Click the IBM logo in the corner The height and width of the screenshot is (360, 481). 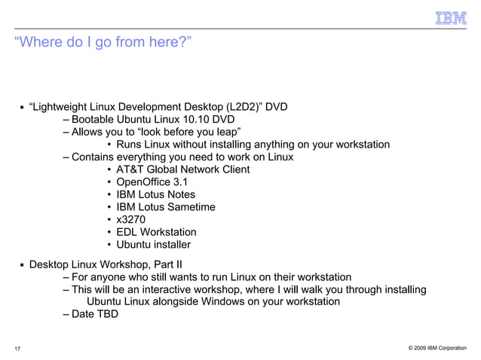(x=451, y=17)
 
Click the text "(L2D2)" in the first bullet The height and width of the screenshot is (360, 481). (x=240, y=106)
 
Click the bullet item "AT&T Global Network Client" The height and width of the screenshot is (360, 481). (x=182, y=169)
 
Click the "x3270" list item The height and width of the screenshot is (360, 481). (x=131, y=219)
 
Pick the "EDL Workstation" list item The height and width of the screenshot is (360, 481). (x=156, y=232)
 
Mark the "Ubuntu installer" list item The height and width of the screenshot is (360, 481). (x=153, y=245)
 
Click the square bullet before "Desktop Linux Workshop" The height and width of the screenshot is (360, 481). (x=22, y=265)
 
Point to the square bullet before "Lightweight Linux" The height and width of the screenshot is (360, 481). (x=22, y=107)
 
